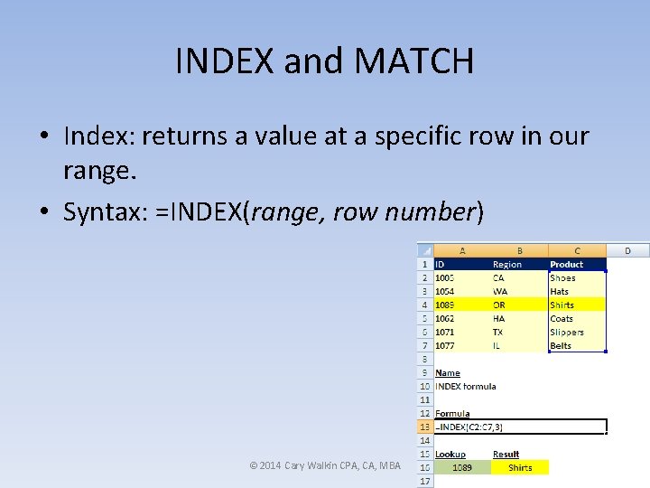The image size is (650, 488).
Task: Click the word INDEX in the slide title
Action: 226,61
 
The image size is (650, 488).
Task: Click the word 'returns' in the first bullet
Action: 196,136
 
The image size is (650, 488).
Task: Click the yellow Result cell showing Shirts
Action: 520,467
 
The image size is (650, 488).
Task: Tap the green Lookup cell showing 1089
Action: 461,467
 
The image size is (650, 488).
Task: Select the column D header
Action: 627,250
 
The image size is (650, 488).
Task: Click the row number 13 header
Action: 424,427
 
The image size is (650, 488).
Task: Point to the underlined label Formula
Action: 451,413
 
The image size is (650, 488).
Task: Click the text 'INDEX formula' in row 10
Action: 465,386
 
